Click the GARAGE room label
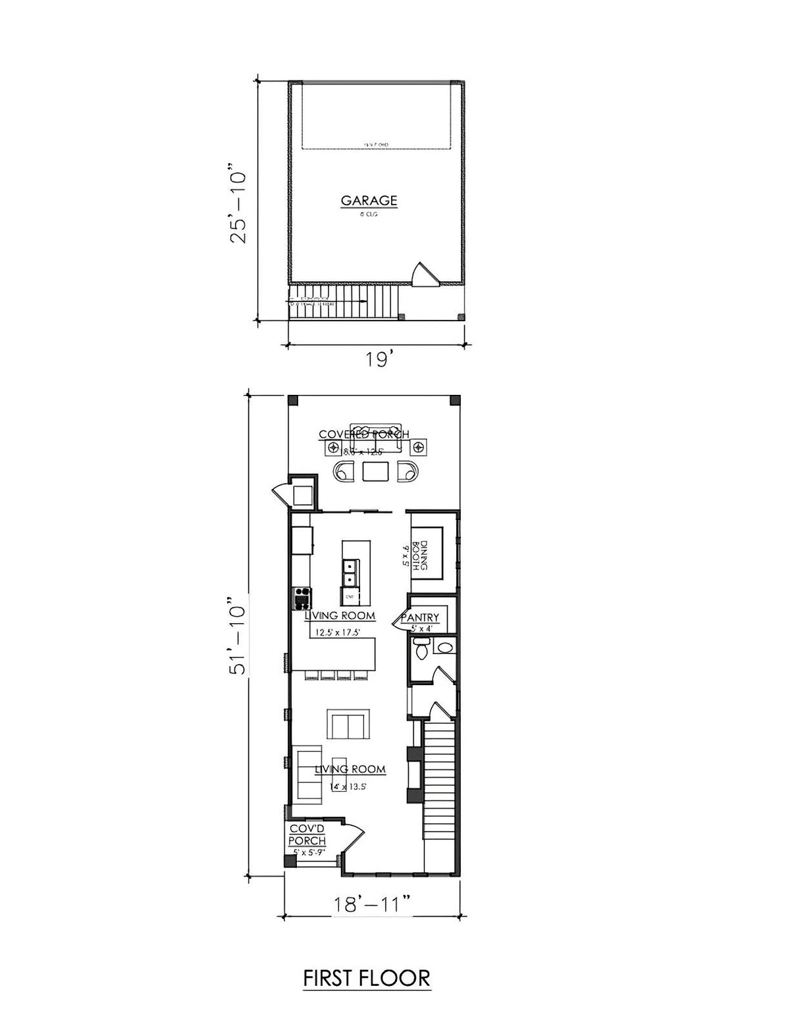(x=369, y=200)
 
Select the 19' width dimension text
(x=380, y=361)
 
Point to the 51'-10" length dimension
(x=236, y=636)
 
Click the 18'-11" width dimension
(x=373, y=904)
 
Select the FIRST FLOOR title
(x=367, y=978)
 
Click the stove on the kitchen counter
(x=302, y=598)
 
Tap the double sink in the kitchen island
(x=350, y=571)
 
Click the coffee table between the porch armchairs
(x=375, y=471)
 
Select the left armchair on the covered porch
(x=345, y=472)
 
